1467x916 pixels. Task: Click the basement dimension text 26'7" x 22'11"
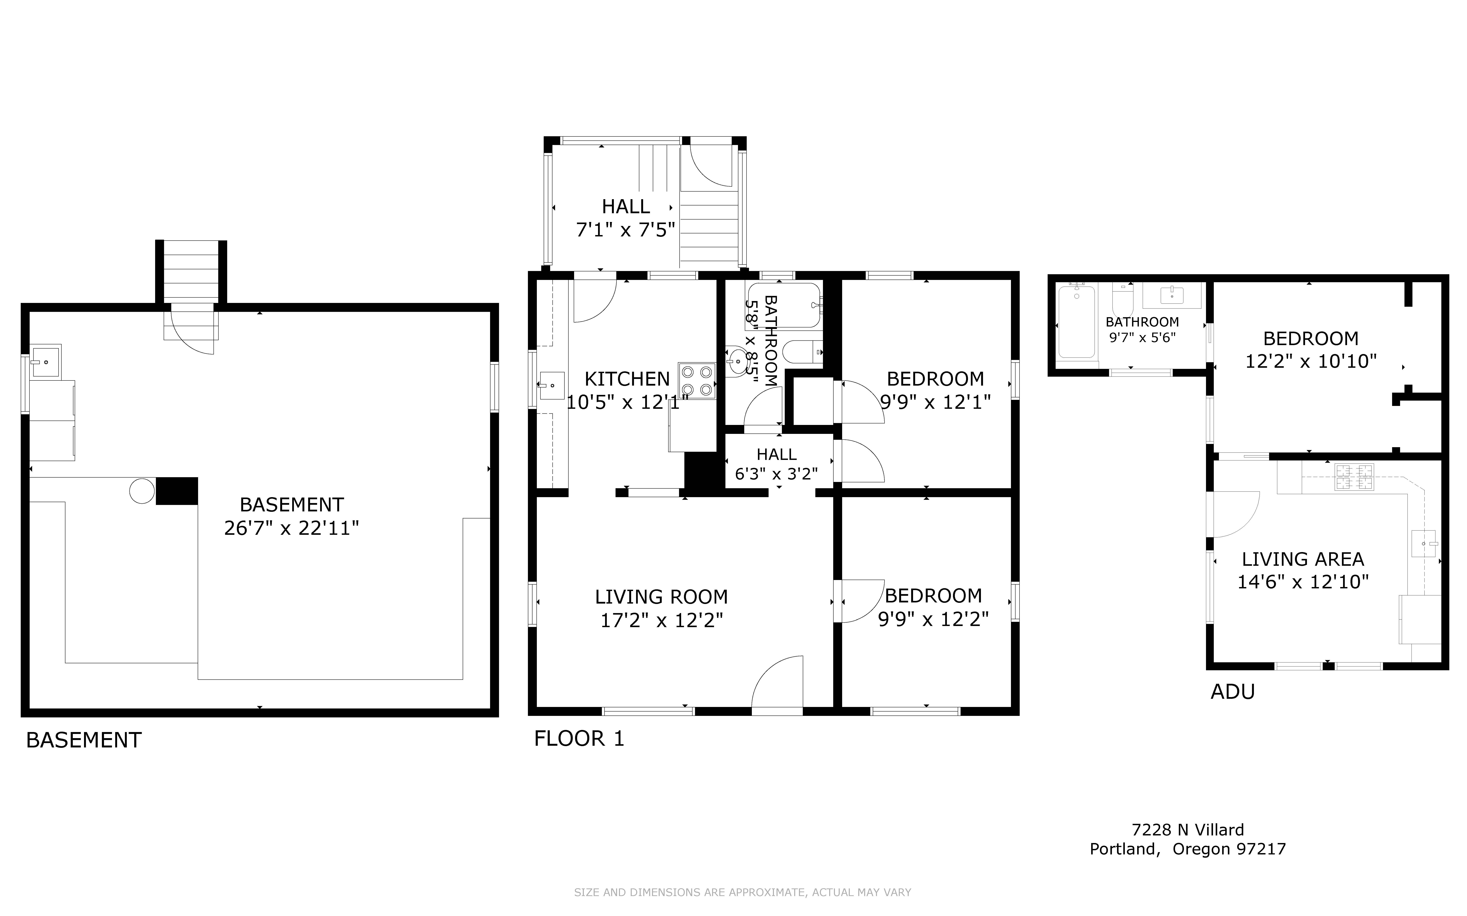click(291, 528)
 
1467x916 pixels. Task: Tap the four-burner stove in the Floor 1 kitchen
click(697, 380)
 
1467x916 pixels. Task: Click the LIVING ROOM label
click(661, 597)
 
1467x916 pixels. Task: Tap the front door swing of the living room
click(778, 681)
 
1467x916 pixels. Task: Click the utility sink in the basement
click(45, 362)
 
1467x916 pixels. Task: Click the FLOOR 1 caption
click(579, 739)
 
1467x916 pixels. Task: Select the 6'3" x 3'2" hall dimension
click(776, 474)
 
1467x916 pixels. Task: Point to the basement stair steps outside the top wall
click(191, 271)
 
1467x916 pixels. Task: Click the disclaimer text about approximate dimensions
click(742, 892)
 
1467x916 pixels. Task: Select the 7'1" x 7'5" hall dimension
click(625, 230)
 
